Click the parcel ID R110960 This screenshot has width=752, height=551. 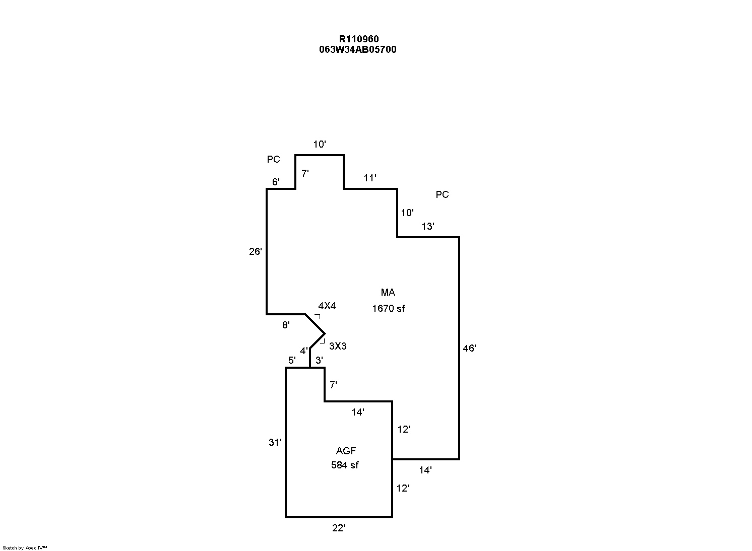358,39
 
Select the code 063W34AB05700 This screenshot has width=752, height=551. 357,49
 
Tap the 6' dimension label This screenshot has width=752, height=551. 276,182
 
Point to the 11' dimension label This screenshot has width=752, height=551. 370,178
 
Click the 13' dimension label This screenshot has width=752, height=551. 428,227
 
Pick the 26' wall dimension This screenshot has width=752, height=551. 256,251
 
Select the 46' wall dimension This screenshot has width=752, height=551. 469,348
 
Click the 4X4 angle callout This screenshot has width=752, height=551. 327,306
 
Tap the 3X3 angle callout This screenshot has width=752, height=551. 338,346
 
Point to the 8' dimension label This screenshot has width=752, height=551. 286,325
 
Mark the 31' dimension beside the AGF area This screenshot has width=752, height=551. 275,443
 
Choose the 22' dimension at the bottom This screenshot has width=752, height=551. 338,528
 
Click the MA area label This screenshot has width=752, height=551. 388,292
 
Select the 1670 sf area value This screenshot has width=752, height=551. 388,308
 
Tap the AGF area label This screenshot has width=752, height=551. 346,451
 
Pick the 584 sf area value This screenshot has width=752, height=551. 345,465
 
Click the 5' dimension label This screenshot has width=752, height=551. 292,360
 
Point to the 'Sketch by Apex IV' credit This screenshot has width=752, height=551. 25,547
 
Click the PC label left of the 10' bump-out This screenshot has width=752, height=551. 273,159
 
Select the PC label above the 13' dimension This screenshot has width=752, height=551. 442,194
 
